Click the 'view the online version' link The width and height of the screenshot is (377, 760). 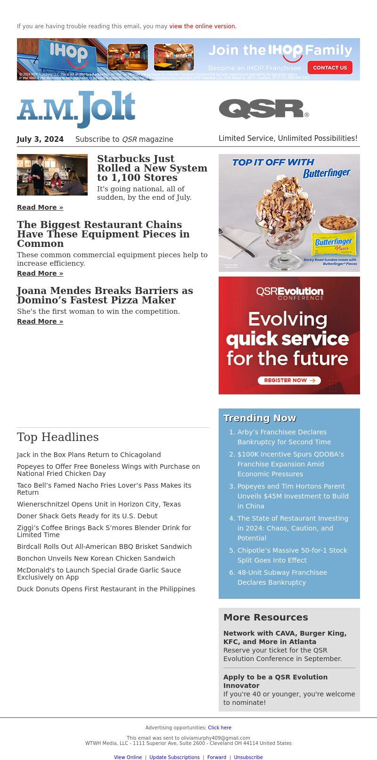click(x=203, y=26)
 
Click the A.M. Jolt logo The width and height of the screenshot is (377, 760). click(x=76, y=109)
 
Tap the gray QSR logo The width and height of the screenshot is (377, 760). click(x=263, y=109)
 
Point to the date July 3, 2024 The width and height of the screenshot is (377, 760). click(x=40, y=139)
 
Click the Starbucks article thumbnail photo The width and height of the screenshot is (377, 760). click(x=52, y=175)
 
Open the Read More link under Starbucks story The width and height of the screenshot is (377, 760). click(x=40, y=207)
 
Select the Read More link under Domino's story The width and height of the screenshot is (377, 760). click(x=40, y=321)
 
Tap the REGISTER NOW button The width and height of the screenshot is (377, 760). click(x=289, y=380)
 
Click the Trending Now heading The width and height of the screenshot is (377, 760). click(x=260, y=418)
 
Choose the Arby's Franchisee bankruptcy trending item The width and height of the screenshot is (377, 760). click(x=284, y=437)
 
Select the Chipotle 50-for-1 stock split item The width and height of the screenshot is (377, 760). click(x=292, y=555)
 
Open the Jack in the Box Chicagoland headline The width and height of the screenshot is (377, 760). click(x=89, y=455)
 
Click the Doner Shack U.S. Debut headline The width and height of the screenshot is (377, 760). click(x=87, y=516)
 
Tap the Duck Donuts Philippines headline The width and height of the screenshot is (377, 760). click(x=106, y=589)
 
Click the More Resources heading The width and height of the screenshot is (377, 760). click(x=266, y=617)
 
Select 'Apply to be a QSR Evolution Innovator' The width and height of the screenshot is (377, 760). click(x=275, y=681)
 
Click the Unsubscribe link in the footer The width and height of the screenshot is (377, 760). click(x=248, y=757)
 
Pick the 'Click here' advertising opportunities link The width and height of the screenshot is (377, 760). click(x=220, y=727)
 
